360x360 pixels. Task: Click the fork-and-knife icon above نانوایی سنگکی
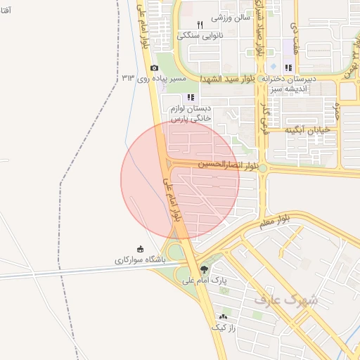200,24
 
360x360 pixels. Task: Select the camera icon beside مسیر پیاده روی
154,67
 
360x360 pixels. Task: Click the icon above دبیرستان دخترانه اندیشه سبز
288,67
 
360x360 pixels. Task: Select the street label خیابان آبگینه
309,131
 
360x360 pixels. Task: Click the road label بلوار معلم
274,221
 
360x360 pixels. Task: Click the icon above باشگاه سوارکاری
139,249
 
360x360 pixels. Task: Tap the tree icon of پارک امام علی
204,269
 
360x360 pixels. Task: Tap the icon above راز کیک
224,317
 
